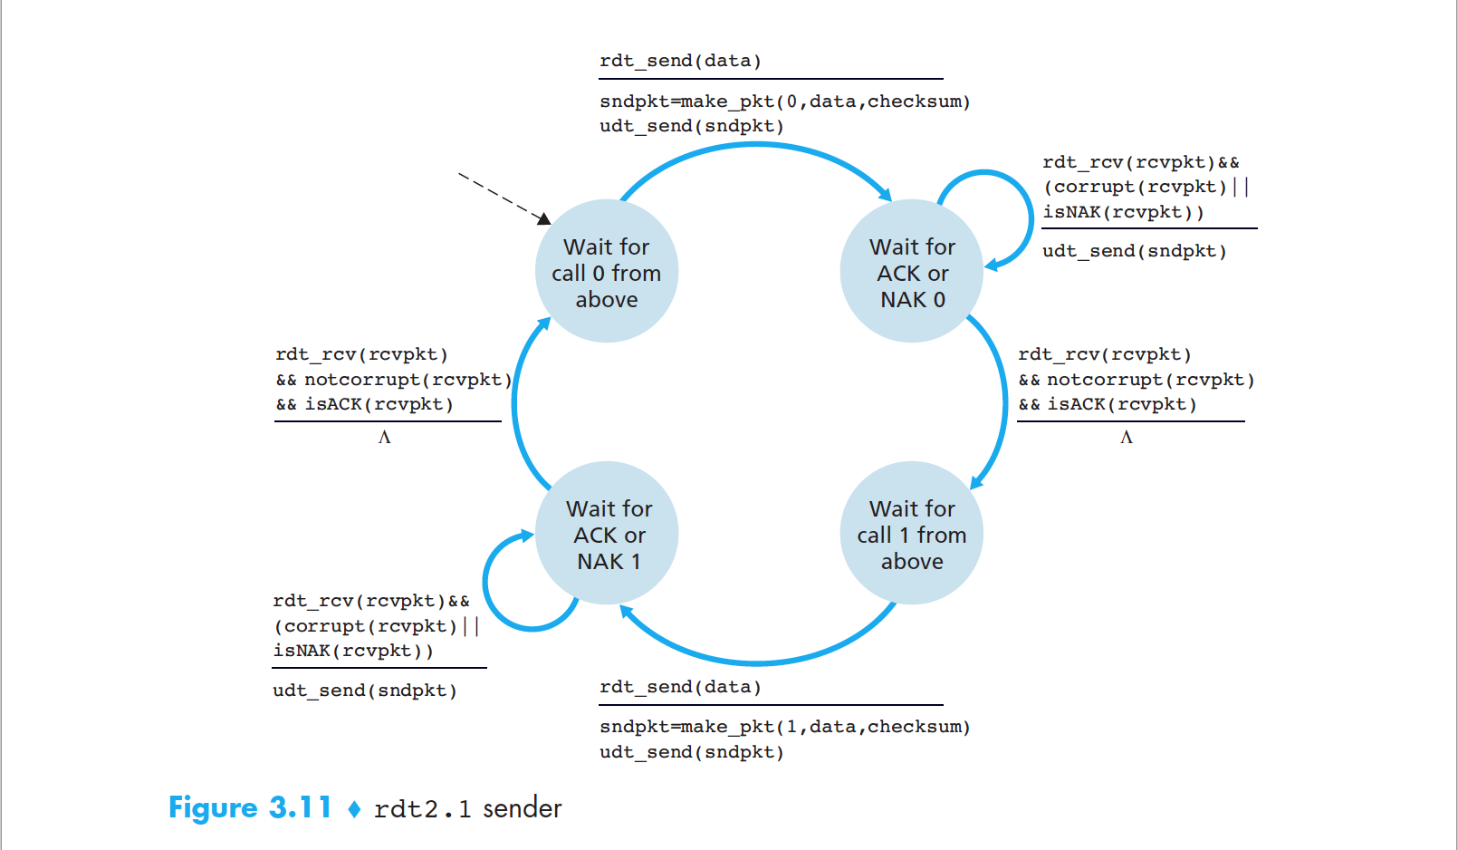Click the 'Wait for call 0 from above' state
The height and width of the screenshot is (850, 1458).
click(x=606, y=272)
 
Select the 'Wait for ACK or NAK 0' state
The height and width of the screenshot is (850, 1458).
click(x=912, y=272)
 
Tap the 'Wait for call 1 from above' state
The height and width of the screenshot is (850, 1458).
click(x=912, y=534)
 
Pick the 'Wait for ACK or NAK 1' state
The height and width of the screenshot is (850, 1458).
click(x=608, y=534)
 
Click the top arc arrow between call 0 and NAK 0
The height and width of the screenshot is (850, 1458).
click(x=756, y=145)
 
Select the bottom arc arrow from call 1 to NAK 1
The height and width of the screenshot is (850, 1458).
click(x=756, y=662)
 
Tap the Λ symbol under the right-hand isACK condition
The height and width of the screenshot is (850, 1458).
click(x=1126, y=438)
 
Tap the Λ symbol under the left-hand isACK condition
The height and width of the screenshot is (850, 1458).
click(x=384, y=438)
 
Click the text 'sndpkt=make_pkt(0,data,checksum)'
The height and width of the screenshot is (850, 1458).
click(x=784, y=101)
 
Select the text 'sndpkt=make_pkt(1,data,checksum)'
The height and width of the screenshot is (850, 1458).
click(x=784, y=727)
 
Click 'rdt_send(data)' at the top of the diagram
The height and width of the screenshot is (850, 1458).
click(x=680, y=61)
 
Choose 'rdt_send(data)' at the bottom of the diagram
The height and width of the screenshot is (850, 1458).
click(x=680, y=687)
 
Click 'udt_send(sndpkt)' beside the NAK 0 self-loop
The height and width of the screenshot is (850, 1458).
click(x=1134, y=251)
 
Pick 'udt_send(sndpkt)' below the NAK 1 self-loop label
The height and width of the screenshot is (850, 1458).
click(x=365, y=691)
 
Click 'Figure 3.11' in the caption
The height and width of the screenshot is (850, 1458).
click(x=250, y=807)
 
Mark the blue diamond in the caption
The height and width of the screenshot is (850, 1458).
click(x=354, y=808)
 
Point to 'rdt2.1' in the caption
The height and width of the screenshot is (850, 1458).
click(x=422, y=808)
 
